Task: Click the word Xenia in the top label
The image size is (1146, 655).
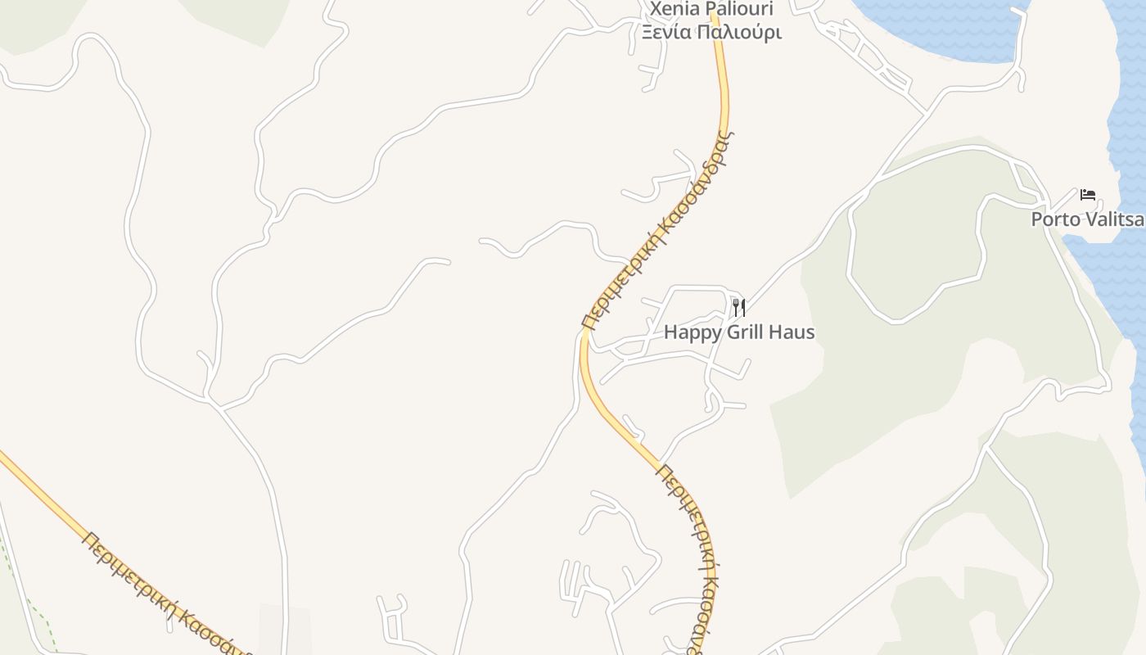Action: click(x=676, y=10)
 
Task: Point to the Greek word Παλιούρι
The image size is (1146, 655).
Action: click(x=742, y=33)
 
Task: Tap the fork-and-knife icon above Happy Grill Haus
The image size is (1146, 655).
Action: click(x=739, y=308)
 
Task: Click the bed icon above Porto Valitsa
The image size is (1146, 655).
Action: click(x=1088, y=195)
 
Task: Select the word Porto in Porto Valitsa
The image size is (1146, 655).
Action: click(x=1055, y=219)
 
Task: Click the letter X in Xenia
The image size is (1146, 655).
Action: click(x=656, y=10)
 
